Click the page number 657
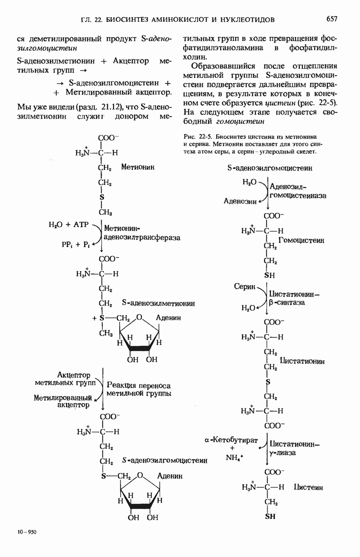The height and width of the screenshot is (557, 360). tap(331, 19)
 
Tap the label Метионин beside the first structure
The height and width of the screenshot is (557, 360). tap(138, 166)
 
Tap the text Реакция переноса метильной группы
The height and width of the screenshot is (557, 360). tap(139, 389)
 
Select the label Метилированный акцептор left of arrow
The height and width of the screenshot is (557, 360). tap(61, 401)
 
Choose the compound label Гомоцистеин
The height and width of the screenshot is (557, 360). tap(301, 240)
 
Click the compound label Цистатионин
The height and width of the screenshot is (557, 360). tap(302, 361)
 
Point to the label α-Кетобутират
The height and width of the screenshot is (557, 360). tap(231, 439)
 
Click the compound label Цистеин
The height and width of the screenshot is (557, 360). tap(308, 487)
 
